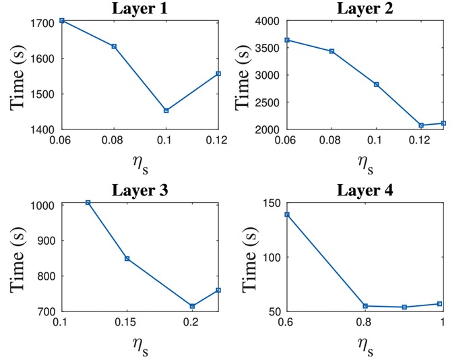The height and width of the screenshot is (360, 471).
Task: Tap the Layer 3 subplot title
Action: (x=140, y=190)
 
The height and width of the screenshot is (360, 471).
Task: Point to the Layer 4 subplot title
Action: (x=365, y=190)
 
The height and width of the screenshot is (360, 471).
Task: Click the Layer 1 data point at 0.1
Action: (x=166, y=111)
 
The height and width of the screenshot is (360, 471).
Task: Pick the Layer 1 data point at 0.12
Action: (x=218, y=73)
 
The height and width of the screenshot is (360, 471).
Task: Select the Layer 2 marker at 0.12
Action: (x=421, y=125)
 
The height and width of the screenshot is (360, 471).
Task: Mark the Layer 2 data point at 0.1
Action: (x=376, y=84)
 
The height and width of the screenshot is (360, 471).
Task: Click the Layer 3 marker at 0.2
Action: (x=192, y=306)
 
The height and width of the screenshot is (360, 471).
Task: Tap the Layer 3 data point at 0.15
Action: (x=127, y=258)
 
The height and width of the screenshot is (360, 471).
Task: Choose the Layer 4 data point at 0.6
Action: (x=287, y=214)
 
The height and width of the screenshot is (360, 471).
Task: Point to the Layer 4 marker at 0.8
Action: (x=365, y=306)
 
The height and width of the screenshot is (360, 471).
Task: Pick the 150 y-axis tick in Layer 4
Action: (x=271, y=203)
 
